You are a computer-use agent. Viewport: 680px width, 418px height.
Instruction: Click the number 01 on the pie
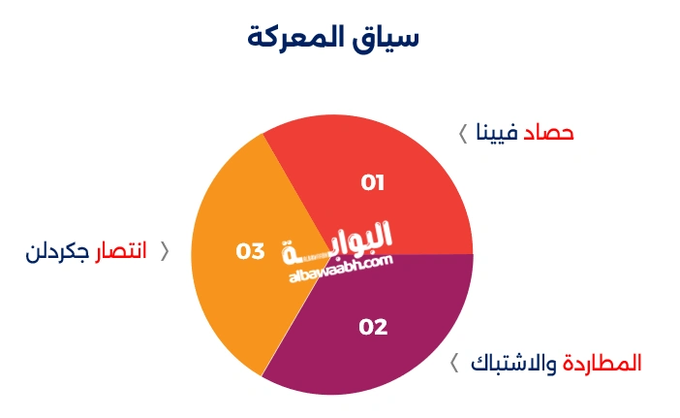[x=373, y=182]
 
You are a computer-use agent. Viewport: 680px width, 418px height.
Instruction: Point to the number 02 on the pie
[x=373, y=327]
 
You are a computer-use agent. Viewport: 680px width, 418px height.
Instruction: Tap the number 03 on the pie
[x=250, y=251]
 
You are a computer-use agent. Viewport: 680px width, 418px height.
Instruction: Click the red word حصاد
[x=549, y=134]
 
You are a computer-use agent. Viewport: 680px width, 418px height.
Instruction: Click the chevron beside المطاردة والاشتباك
[x=454, y=364]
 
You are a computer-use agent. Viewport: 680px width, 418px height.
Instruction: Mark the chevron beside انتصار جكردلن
[x=164, y=252]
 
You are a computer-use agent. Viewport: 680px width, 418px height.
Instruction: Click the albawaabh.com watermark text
[x=339, y=266]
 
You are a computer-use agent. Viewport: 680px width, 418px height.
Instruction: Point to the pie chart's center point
[x=332, y=254]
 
